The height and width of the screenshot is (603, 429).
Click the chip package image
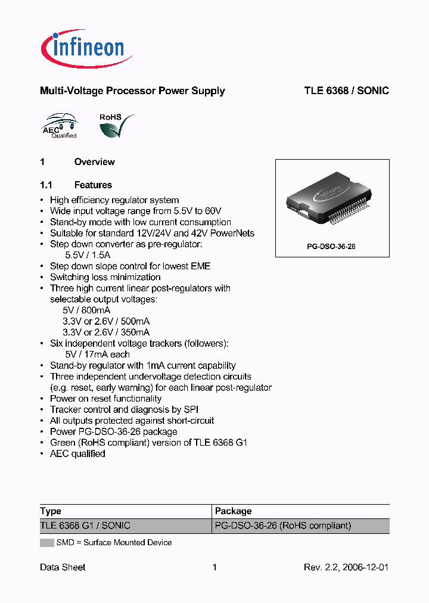[x=331, y=203]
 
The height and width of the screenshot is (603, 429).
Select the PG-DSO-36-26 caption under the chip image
[x=332, y=246]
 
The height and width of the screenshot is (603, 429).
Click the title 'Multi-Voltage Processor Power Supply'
[x=132, y=91]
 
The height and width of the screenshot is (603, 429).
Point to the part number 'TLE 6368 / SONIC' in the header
[x=346, y=91]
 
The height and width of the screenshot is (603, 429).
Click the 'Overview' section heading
[x=94, y=162]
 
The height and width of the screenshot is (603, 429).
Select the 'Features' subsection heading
[x=93, y=185]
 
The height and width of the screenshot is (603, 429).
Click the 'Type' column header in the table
[x=51, y=511]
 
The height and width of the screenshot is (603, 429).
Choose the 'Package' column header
[x=233, y=511]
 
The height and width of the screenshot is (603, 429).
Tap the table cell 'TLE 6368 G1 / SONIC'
[x=85, y=526]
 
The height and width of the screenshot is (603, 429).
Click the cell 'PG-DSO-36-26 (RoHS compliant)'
[x=283, y=526]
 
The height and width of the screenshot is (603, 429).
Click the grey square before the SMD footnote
[x=46, y=543]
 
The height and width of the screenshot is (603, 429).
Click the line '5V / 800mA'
[x=86, y=310]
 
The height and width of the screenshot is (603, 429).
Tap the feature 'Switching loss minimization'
[x=105, y=277]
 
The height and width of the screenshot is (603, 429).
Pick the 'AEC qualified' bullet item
[x=77, y=454]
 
